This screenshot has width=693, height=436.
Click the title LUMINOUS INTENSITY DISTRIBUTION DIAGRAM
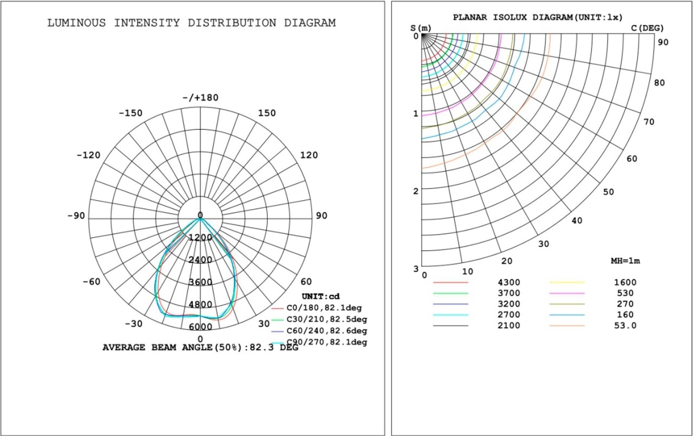pyautogui.click(x=192, y=23)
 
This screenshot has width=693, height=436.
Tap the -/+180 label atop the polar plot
pyautogui.click(x=200, y=98)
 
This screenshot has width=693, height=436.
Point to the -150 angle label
pyautogui.click(x=130, y=113)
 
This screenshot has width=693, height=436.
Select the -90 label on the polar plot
pyautogui.click(x=76, y=216)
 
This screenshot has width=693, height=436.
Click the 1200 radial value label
pyautogui.click(x=200, y=238)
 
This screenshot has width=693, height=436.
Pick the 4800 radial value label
pyautogui.click(x=200, y=304)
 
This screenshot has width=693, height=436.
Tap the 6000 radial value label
pyautogui.click(x=200, y=327)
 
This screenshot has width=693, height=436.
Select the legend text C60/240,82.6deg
pyautogui.click(x=326, y=331)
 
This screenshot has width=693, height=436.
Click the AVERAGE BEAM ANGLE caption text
pyautogui.click(x=200, y=347)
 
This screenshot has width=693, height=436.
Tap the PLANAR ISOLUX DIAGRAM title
pyautogui.click(x=538, y=17)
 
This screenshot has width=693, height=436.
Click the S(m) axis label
pyautogui.click(x=421, y=28)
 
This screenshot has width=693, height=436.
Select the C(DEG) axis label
pyautogui.click(x=647, y=28)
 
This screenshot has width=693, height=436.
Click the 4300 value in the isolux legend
pyautogui.click(x=509, y=282)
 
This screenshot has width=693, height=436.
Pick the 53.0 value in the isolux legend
pyautogui.click(x=626, y=326)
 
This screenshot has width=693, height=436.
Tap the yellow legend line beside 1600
pyautogui.click(x=567, y=282)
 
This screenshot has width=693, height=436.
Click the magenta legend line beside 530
pyautogui.click(x=567, y=293)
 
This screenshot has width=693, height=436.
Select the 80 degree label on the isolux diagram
pyautogui.click(x=659, y=83)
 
